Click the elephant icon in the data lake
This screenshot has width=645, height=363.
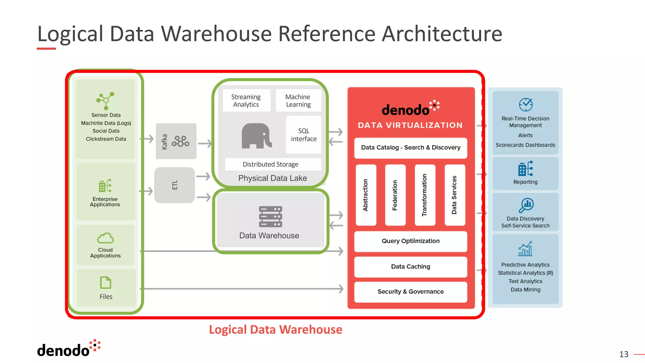coord(256,136)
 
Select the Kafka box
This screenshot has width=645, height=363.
coord(176,141)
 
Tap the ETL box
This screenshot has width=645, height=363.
coord(174,185)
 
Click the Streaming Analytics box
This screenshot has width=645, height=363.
coord(246,101)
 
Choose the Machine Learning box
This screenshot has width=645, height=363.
coord(298,101)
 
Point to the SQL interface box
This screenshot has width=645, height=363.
coord(304,135)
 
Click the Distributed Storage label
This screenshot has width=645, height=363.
coord(271,164)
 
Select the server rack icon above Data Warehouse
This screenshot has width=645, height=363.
coord(271,217)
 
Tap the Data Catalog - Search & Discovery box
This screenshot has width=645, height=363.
coord(410,147)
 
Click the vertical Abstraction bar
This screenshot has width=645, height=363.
coord(366,195)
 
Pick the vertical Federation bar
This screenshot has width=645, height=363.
coord(395,195)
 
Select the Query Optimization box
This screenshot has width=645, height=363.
coord(410,241)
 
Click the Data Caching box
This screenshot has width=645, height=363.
coord(410,267)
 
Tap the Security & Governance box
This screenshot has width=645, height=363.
coord(410,292)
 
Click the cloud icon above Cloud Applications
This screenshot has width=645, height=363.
coord(105,238)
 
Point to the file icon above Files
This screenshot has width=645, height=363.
coord(106,283)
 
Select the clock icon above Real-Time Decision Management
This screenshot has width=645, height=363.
coord(526,105)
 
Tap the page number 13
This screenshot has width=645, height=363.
coord(624,354)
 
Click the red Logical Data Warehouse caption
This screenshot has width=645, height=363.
coord(276,330)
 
